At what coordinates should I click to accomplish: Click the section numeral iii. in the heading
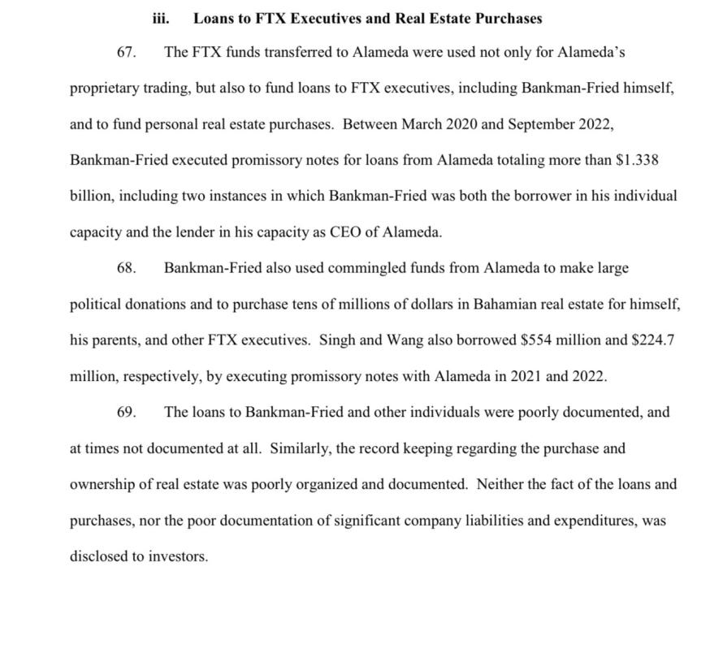tap(161, 17)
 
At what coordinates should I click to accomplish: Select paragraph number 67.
tap(126, 52)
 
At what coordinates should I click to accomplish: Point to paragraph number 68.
tap(126, 267)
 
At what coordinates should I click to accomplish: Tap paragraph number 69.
tap(126, 412)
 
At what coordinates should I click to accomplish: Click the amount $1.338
tap(637, 160)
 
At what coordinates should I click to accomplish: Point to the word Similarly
tap(299, 448)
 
